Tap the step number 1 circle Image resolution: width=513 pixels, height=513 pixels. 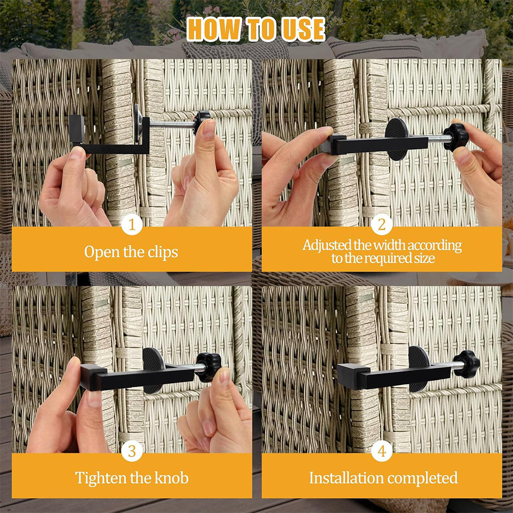tap(132, 225)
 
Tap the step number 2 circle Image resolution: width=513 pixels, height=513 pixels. tap(382, 225)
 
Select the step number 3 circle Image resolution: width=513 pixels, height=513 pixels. tap(132, 451)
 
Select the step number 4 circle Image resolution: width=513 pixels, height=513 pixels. tap(382, 451)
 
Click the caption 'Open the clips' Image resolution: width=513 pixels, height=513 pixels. tap(131, 252)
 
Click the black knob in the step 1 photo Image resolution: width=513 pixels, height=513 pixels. tap(202, 122)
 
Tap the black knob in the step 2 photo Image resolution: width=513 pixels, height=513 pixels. tap(456, 137)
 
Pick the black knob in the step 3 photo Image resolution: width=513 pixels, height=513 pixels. tap(209, 366)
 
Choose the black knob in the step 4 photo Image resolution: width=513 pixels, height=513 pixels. tap(467, 364)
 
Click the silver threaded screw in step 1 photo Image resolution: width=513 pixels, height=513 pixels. tap(172, 124)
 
